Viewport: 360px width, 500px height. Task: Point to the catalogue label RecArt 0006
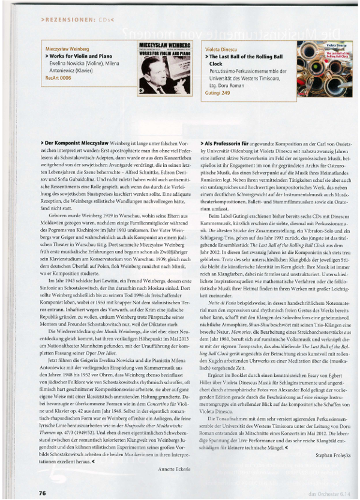[58, 77]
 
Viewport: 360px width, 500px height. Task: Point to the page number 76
[42, 492]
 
